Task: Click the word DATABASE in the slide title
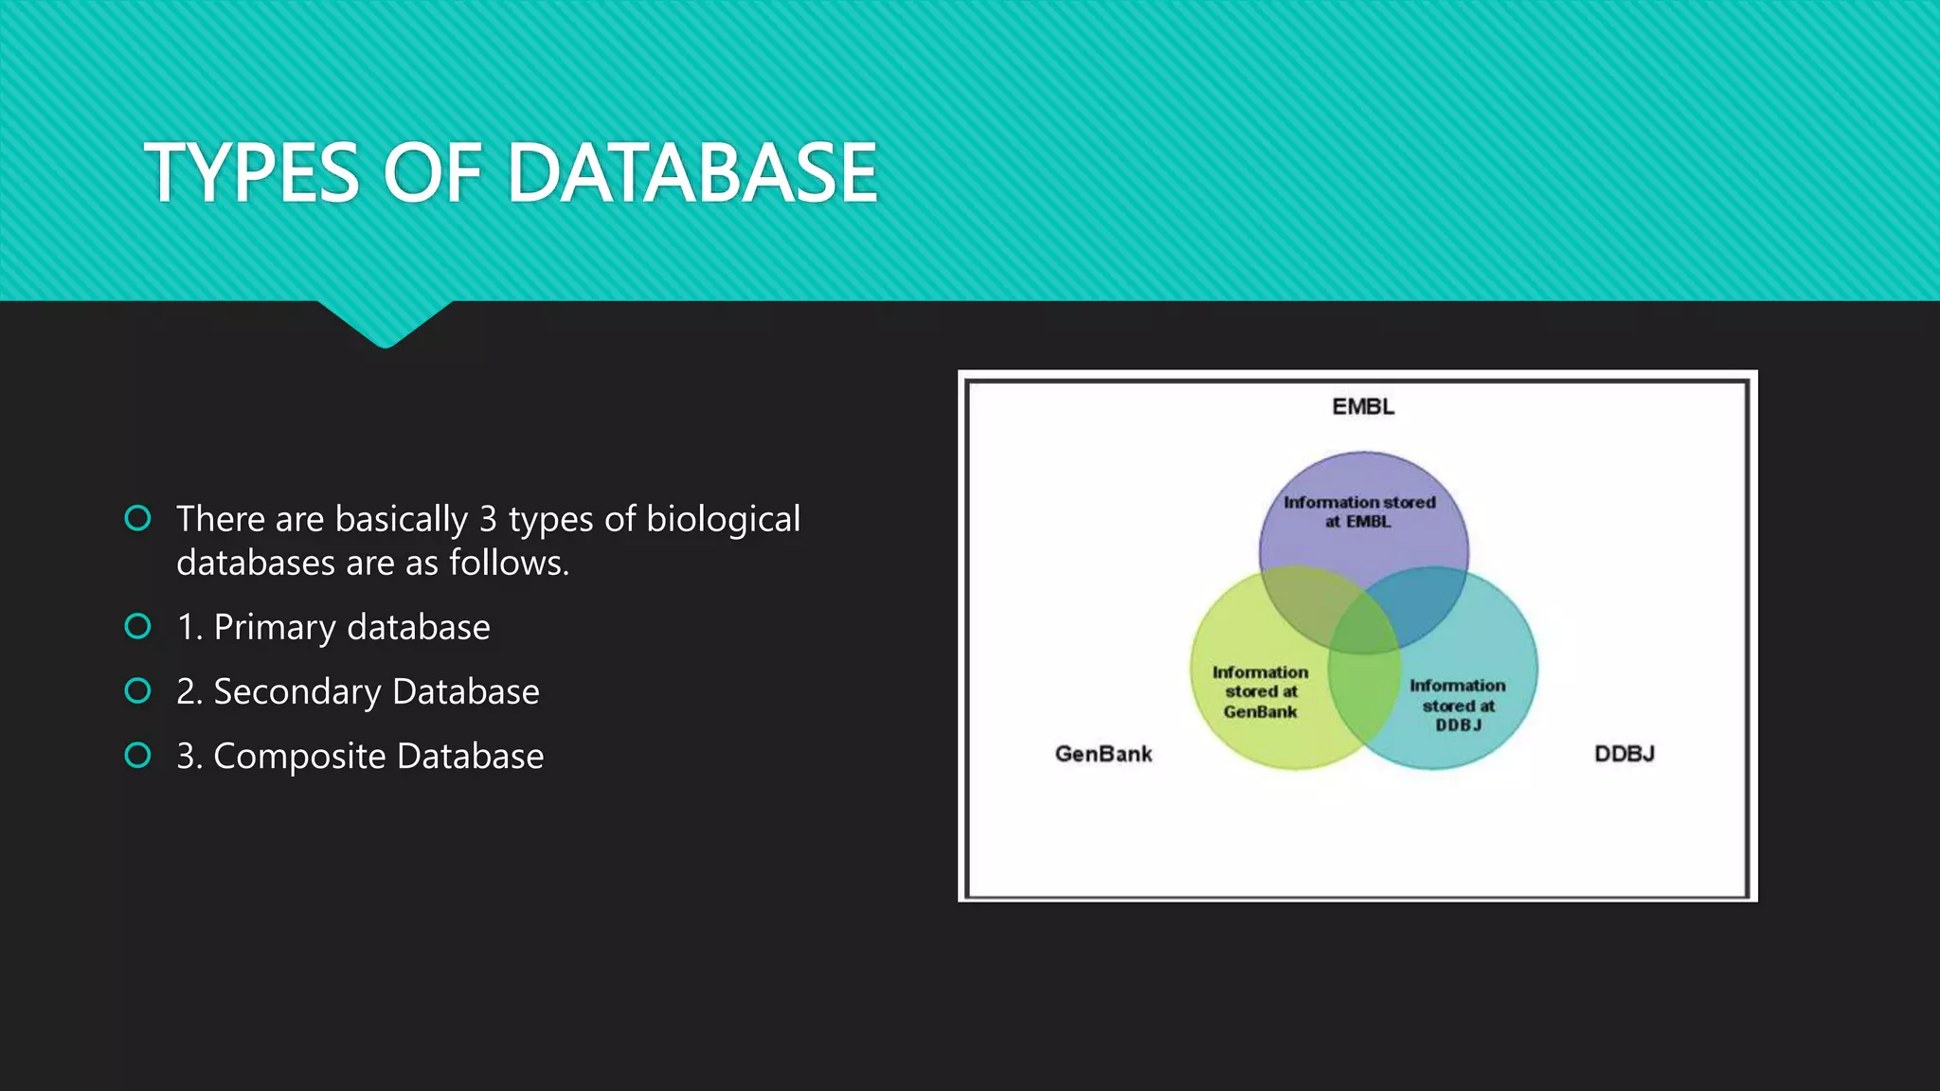pos(692,173)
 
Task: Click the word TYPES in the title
pos(252,173)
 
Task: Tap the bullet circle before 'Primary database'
pos(138,626)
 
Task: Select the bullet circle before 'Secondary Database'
pos(138,690)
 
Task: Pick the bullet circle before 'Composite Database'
pos(138,755)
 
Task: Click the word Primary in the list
pos(275,628)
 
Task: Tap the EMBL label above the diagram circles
pos(1363,407)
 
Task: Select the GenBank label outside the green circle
pos(1104,754)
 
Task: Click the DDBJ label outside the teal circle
pos(1625,754)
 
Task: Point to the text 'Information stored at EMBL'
pos(1359,511)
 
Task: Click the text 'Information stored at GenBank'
pos(1260,691)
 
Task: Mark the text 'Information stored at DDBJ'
pos(1458,705)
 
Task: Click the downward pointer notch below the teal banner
pos(385,327)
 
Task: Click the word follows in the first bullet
pos(509,563)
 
